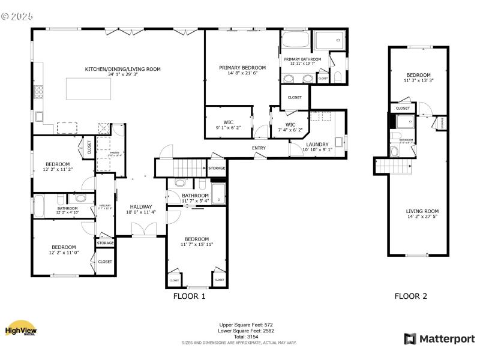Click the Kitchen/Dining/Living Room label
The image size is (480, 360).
pos(122,69)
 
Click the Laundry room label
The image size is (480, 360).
pos(317,144)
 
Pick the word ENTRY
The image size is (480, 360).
pos(259,148)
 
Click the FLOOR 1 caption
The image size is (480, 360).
pos(189,296)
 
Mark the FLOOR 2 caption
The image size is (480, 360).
pos(410,296)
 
